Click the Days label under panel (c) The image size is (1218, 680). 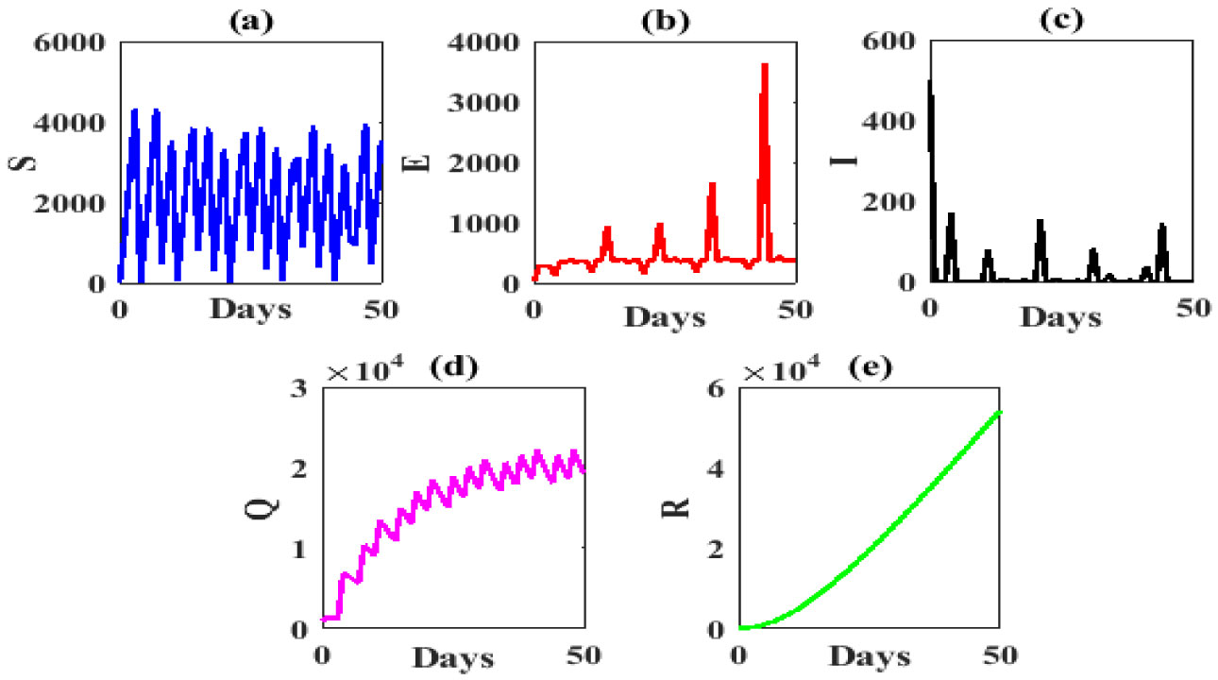pos(1061,317)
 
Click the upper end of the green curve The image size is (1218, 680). pos(999,412)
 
